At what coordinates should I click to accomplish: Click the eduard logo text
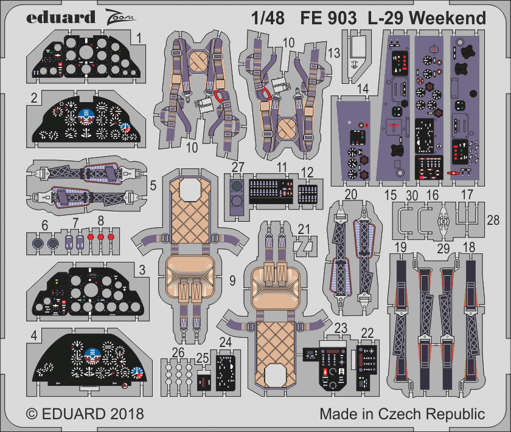point(61,17)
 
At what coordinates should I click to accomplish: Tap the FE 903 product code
point(328,18)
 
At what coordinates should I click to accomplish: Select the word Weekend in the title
point(448,18)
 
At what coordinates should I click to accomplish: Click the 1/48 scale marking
point(268,18)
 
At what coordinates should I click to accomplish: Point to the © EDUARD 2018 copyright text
point(85,414)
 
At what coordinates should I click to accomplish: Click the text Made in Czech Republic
point(402,414)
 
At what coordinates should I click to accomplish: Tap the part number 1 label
point(139,38)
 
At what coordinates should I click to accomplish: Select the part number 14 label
point(363,89)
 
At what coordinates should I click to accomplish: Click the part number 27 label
point(238,167)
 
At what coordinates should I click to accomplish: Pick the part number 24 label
point(225,342)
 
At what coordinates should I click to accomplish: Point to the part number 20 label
point(350,194)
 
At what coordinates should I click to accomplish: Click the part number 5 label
point(153,185)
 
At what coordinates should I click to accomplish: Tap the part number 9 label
point(232,280)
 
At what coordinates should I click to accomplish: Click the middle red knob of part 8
point(101,237)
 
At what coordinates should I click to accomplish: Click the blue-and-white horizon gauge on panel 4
point(92,355)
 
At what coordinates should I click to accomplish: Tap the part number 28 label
point(493,221)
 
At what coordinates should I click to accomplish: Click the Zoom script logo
point(120,17)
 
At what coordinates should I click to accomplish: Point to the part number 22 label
point(367,333)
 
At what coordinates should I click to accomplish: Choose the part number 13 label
point(334,53)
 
